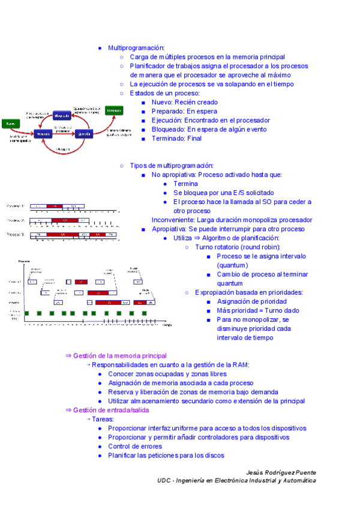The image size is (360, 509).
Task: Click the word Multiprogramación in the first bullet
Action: [136, 47]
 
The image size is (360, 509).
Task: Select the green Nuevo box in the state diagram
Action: [10, 124]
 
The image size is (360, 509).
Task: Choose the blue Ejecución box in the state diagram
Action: [83, 134]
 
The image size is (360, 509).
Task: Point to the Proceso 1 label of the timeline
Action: [16, 206]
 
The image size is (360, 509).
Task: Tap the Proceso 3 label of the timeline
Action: [16, 235]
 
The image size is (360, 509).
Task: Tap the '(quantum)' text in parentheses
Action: [233, 265]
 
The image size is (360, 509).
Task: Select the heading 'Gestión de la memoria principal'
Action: [119, 356]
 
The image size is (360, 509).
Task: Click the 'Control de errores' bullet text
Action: [135, 447]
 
